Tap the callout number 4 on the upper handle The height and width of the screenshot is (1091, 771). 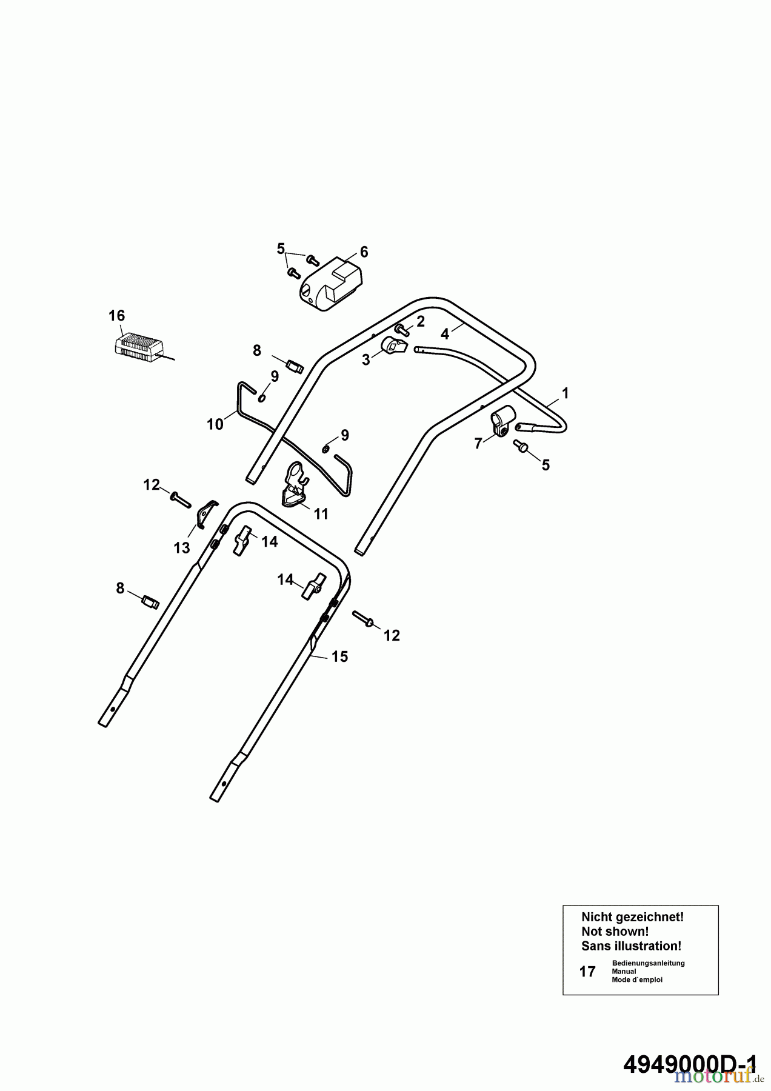coord(445,334)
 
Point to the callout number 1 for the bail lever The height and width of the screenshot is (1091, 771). coord(565,393)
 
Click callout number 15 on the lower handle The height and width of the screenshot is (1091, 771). coord(340,656)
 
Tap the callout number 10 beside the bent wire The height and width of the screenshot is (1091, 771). coord(215,424)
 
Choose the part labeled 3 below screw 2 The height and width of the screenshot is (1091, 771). coord(394,347)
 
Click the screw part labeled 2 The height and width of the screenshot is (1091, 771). coord(401,328)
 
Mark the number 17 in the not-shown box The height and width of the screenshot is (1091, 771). coord(587,972)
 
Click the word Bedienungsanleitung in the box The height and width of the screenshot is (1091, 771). coord(648,963)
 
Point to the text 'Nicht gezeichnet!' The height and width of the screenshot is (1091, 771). coord(632,917)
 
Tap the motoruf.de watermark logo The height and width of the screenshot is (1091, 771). coord(719,1075)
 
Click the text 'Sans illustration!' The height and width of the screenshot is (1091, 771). coord(631,946)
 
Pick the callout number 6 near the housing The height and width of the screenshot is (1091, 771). coord(364,252)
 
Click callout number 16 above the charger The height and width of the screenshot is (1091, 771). coord(116,315)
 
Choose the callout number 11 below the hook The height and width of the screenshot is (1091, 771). coord(321,514)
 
